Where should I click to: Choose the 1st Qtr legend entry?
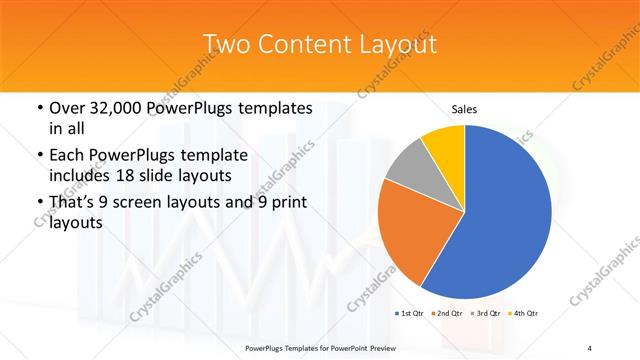(410, 313)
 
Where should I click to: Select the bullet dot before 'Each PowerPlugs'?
(38, 156)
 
